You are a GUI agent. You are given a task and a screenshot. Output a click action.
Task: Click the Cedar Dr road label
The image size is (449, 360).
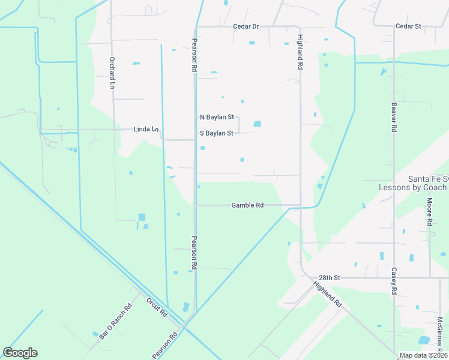[x=246, y=26]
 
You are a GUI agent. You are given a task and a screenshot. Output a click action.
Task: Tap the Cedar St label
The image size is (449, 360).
[x=408, y=26]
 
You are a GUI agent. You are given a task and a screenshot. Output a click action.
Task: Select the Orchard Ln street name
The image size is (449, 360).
[x=112, y=73]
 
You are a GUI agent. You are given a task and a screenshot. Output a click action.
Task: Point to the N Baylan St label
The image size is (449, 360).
[x=216, y=118]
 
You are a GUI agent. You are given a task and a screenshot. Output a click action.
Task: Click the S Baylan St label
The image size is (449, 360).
[x=216, y=133]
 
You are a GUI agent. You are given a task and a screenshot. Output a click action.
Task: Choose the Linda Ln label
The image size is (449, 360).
[x=146, y=129]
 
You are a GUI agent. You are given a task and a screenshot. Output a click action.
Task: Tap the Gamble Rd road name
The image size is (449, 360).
[x=247, y=205]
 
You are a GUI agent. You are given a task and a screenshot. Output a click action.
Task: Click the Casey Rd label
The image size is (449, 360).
[x=394, y=281]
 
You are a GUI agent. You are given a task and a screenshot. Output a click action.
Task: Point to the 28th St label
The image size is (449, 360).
[x=330, y=278]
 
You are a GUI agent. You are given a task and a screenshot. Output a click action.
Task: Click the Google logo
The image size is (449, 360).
[x=20, y=353]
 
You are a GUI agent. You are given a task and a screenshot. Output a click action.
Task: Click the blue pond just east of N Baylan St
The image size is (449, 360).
[x=258, y=124]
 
